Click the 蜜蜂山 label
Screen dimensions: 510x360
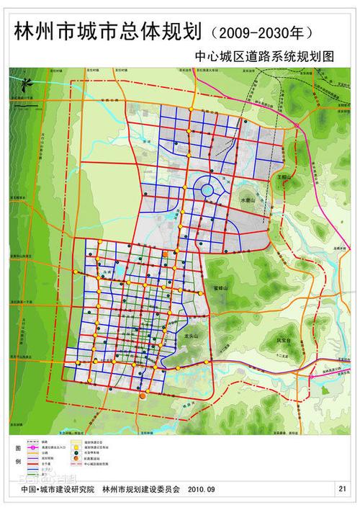(220, 287)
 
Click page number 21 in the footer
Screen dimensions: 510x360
(341, 488)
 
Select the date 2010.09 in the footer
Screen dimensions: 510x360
(202, 489)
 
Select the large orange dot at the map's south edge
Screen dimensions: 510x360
(143, 396)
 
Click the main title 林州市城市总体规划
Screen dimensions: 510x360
(104, 31)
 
